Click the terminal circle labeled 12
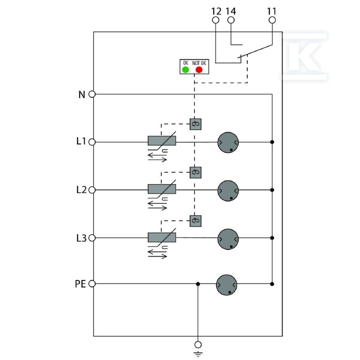click(x=216, y=20)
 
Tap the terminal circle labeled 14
click(x=231, y=20)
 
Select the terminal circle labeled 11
click(x=272, y=20)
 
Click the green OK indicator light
click(x=185, y=70)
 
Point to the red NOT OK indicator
click(x=199, y=70)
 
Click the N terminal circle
click(x=92, y=94)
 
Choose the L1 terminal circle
click(x=92, y=142)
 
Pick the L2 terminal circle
click(x=92, y=190)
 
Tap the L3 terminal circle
click(x=92, y=238)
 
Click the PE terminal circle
click(x=92, y=284)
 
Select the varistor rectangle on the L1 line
click(x=162, y=141)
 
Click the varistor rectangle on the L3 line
click(x=162, y=238)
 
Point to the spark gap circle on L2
click(x=228, y=191)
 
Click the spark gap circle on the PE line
click(x=227, y=285)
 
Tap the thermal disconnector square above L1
click(x=196, y=124)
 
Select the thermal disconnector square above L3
click(x=196, y=221)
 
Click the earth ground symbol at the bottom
click(x=198, y=354)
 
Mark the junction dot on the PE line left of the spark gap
click(x=198, y=284)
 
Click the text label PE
click(x=81, y=284)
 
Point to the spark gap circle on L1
click(x=228, y=142)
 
